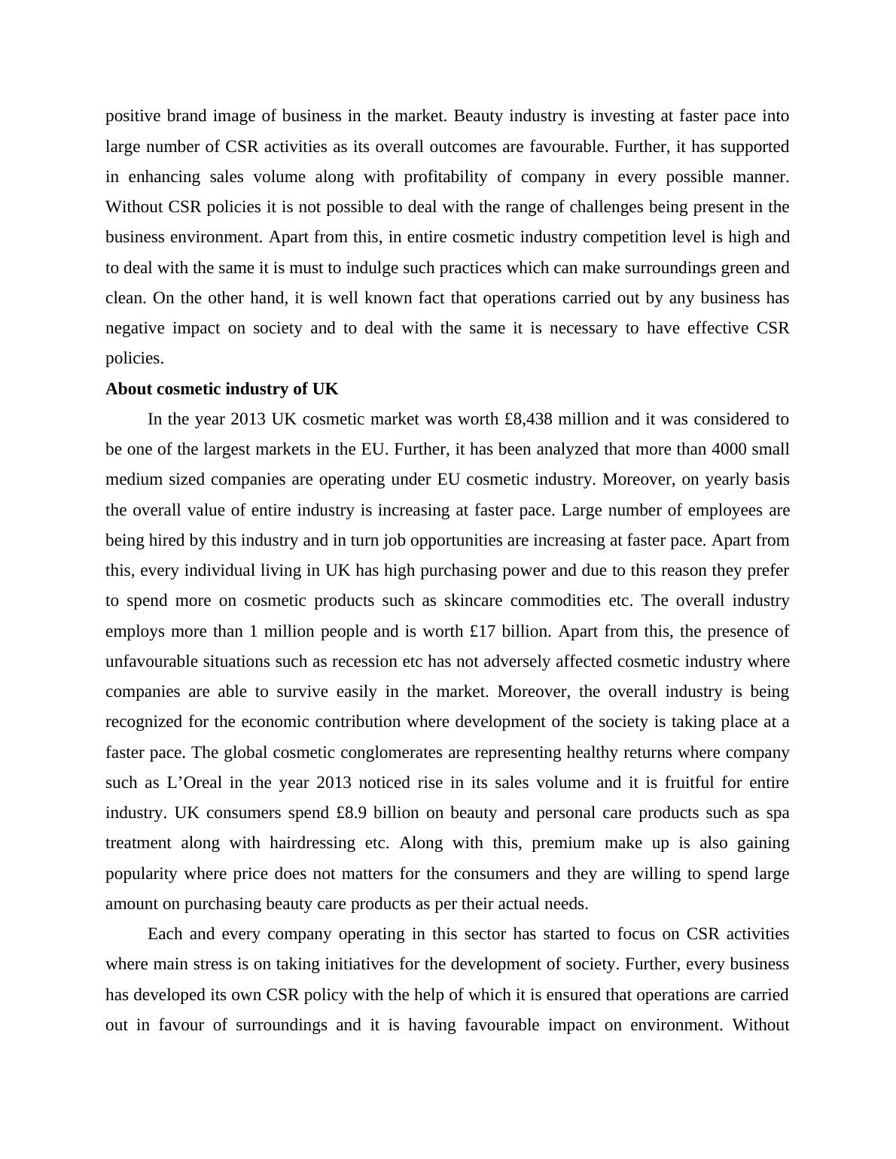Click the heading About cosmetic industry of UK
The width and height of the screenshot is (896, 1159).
(x=221, y=389)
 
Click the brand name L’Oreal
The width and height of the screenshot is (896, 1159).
(x=194, y=783)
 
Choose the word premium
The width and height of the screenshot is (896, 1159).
(x=564, y=843)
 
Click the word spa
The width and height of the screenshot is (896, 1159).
(x=777, y=813)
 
